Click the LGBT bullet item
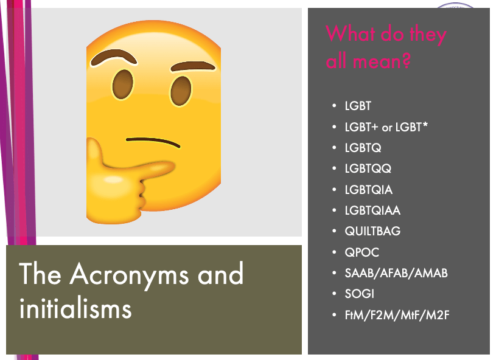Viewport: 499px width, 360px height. pos(358,106)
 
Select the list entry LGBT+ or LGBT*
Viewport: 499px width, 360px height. pos(386,127)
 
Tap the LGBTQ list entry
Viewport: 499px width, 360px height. pos(363,148)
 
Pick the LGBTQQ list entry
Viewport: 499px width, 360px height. pos(368,168)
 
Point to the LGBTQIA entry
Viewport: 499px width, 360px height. pos(369,190)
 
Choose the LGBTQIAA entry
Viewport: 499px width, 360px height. pos(372,210)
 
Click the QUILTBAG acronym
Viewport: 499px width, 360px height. pos(372,231)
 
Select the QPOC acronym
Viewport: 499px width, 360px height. pos(362,252)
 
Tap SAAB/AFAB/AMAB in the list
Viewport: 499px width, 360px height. pos(396,273)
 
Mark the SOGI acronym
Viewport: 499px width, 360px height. pos(360,294)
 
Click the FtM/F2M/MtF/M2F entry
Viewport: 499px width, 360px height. pos(397,315)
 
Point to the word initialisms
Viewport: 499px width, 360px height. pos(75,308)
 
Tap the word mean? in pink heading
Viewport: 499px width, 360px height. pos(382,61)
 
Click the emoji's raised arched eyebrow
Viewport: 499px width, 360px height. pos(114,57)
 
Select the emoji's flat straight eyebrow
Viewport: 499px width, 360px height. pos(193,66)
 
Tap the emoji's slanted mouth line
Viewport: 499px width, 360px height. pos(153,142)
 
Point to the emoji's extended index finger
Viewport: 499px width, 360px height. pos(140,168)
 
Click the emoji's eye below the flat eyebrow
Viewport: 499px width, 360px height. pos(181,91)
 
